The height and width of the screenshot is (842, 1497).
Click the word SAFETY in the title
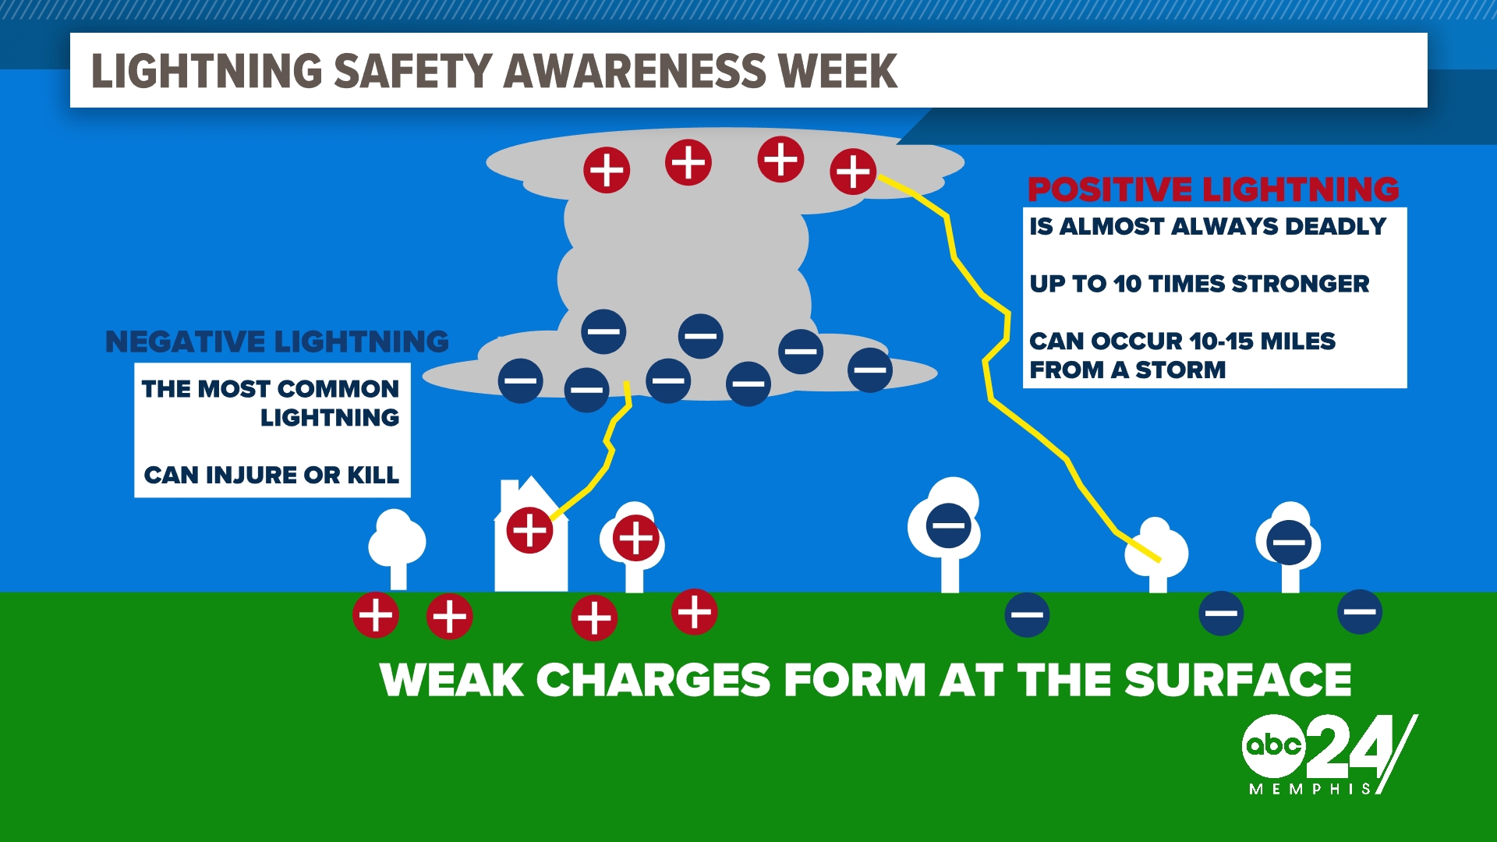(x=413, y=71)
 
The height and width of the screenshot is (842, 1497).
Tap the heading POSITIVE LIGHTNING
(x=1213, y=189)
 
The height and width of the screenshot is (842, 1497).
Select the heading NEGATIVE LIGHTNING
(x=277, y=341)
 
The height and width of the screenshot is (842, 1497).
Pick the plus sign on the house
(x=530, y=531)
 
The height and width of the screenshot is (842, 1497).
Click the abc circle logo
(x=1272, y=745)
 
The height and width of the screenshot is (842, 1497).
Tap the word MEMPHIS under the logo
(x=1310, y=789)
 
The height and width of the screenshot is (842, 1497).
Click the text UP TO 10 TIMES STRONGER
(x=1199, y=284)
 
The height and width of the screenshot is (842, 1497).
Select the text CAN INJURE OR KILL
(x=271, y=475)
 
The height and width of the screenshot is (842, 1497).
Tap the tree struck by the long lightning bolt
(x=1156, y=554)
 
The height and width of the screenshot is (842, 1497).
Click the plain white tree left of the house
(x=397, y=546)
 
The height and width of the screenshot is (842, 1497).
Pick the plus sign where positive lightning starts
(x=853, y=172)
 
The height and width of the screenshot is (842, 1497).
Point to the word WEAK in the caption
(x=452, y=680)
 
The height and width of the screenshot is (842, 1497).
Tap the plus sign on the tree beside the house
(x=635, y=538)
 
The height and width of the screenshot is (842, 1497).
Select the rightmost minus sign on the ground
(x=1360, y=612)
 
